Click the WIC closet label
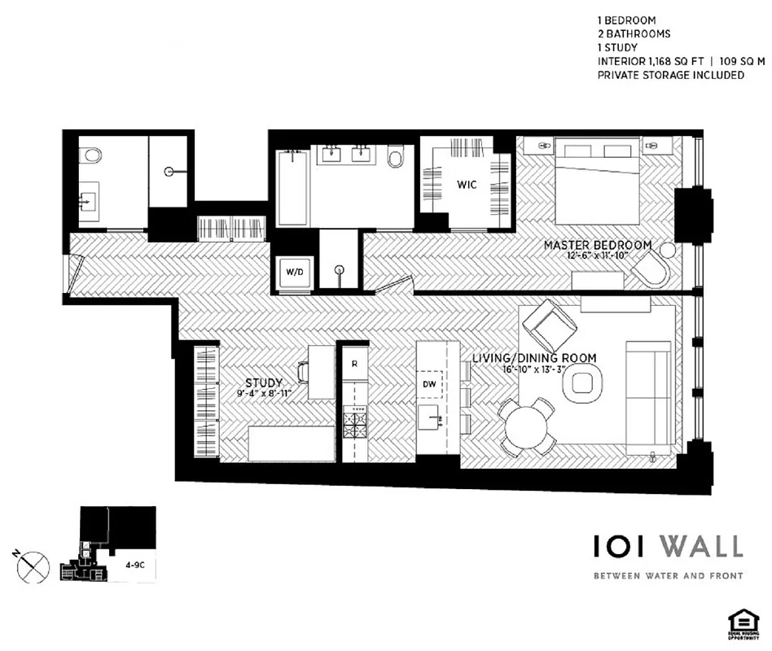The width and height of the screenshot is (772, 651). point(467,185)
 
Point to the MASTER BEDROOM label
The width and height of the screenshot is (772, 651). point(598,245)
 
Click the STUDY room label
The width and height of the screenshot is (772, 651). point(264,382)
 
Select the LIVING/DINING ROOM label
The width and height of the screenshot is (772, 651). point(534,358)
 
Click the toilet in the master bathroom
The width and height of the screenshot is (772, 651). point(396,156)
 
